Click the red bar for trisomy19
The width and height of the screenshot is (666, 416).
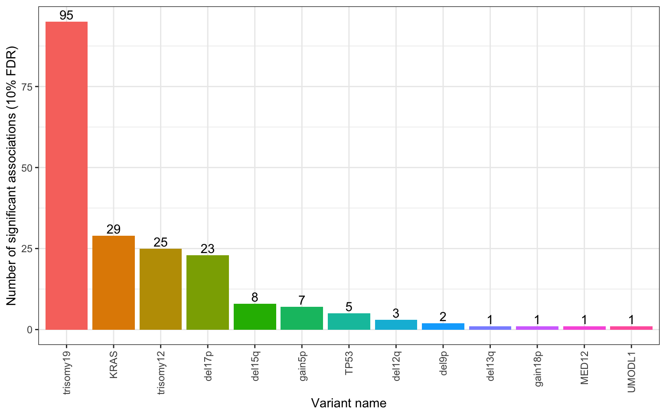pyautogui.click(x=66, y=175)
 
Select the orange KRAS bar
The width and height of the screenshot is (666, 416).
pyautogui.click(x=114, y=283)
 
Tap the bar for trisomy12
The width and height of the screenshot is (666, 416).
pyautogui.click(x=160, y=289)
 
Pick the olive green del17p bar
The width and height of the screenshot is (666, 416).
pyautogui.click(x=208, y=292)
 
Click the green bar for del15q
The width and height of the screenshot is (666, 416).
pyautogui.click(x=255, y=317)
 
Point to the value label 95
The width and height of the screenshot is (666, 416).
pyautogui.click(x=66, y=16)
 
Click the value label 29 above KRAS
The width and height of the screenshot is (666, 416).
pyautogui.click(x=114, y=229)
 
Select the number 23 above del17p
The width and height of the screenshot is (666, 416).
pyautogui.click(x=208, y=249)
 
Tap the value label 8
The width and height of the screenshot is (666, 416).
pyautogui.click(x=255, y=297)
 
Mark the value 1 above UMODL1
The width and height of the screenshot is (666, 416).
pyautogui.click(x=631, y=320)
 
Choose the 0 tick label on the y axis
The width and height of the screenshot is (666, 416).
pyautogui.click(x=30, y=330)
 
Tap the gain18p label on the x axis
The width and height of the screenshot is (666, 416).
pyautogui.click(x=537, y=368)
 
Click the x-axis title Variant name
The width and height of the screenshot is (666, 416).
pyautogui.click(x=349, y=403)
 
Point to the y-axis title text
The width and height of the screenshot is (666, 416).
pyautogui.click(x=11, y=175)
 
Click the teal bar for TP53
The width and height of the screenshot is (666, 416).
pyautogui.click(x=349, y=321)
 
